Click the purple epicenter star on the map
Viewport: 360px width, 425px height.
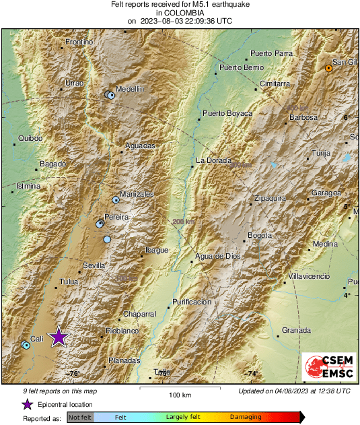tap(59, 337)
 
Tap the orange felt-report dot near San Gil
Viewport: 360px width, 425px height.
tap(328, 69)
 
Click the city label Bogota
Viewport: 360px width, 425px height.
tap(260, 235)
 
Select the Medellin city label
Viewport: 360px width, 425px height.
tap(130, 89)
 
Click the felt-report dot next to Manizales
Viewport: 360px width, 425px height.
tap(116, 200)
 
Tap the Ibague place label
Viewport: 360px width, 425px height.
tap(157, 250)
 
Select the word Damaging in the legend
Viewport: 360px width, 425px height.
tap(246, 418)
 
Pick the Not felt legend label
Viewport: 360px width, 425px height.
tap(81, 418)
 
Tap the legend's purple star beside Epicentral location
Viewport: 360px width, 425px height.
tap(27, 404)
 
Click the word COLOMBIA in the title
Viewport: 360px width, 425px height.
tap(180, 12)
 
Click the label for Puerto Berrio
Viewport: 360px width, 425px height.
tap(241, 67)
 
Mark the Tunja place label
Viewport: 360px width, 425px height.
tap(322, 154)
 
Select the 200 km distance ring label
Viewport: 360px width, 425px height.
tap(182, 222)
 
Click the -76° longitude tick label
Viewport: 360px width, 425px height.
tap(73, 373)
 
